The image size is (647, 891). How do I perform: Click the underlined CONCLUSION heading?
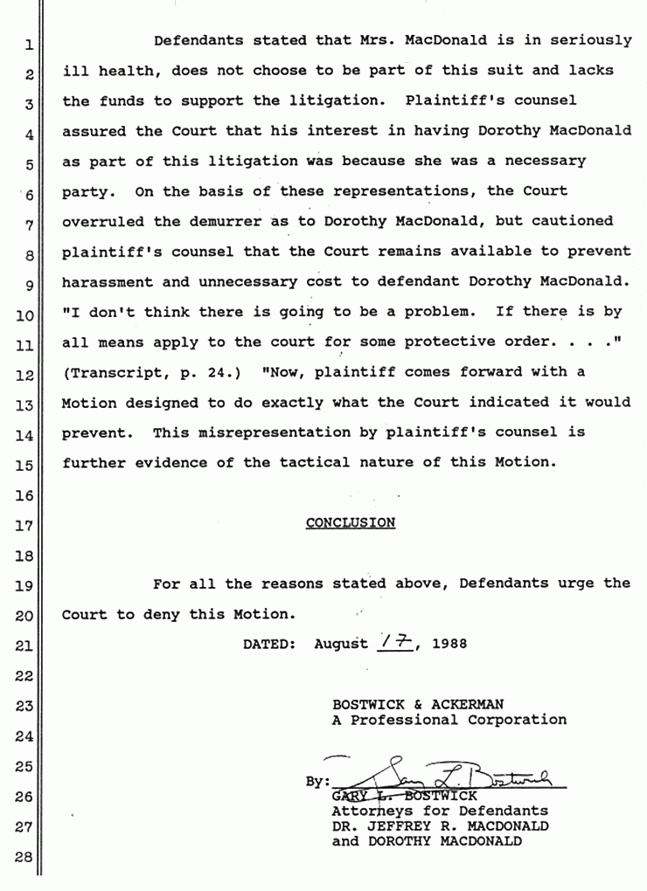point(350,523)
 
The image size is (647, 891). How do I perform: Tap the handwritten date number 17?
point(397,643)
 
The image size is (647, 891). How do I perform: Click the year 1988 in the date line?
point(449,645)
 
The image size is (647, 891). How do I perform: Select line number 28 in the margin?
point(24,857)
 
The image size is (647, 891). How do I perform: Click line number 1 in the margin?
point(28,44)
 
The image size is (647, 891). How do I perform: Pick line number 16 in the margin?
point(24,496)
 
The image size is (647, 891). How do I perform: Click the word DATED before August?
point(267,645)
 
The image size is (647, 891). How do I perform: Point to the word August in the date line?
point(341,645)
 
